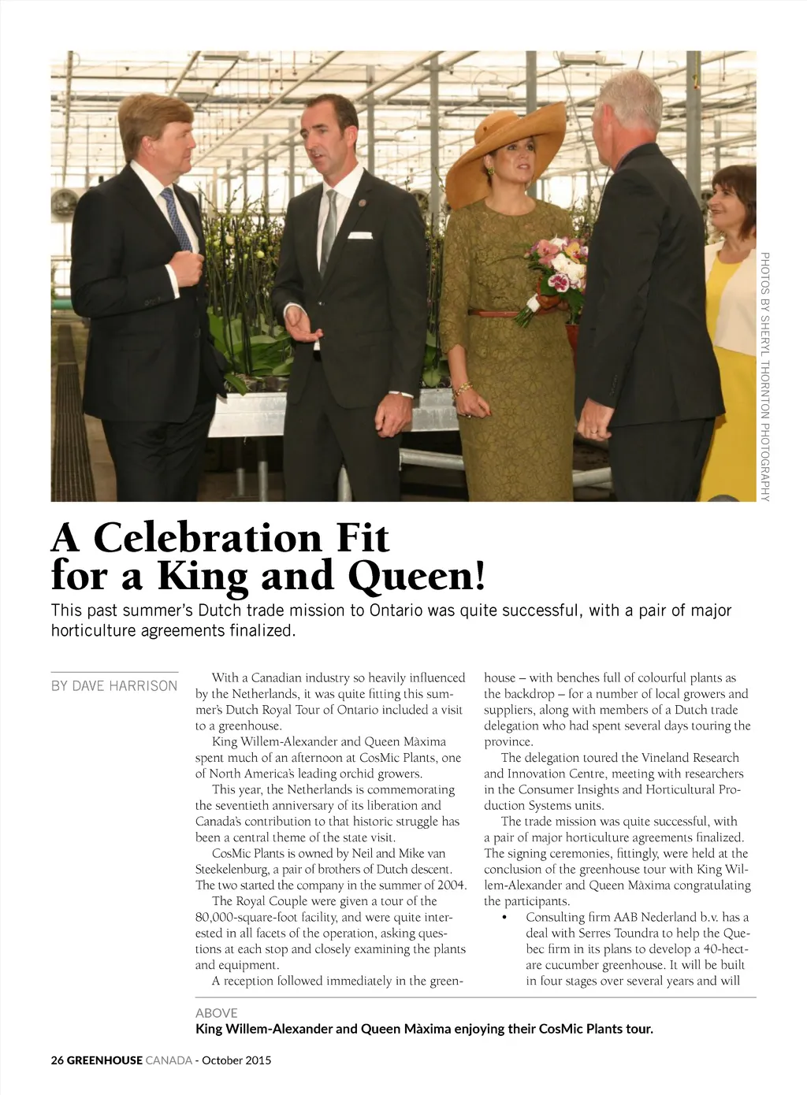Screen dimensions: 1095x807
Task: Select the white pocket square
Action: (x=359, y=235)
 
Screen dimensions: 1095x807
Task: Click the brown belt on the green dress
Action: (x=493, y=314)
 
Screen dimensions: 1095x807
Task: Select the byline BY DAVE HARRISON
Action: (x=114, y=686)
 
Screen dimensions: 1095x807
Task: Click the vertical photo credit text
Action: (x=764, y=376)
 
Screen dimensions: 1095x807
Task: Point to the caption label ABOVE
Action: (x=216, y=1013)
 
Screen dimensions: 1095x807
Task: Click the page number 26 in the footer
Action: (x=57, y=1060)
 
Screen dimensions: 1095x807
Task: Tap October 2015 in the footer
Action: (x=236, y=1060)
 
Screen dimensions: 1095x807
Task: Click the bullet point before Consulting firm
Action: (x=504, y=918)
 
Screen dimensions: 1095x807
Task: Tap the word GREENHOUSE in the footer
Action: (x=104, y=1060)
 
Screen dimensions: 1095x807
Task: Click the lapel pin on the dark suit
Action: (x=362, y=203)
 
